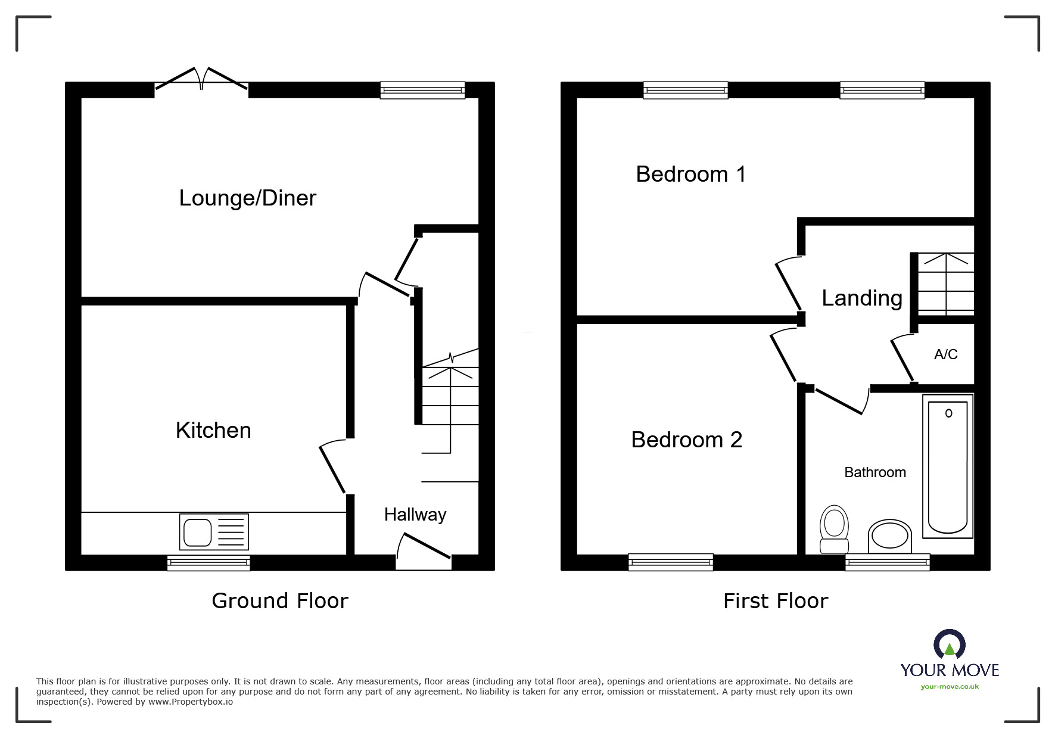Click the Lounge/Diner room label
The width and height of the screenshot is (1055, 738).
pos(247,198)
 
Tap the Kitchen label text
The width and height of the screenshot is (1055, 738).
pos(213,430)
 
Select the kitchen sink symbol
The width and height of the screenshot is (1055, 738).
pos(214,531)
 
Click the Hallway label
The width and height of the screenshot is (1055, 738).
pos(415,515)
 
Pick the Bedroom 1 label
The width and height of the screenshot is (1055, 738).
pos(690,174)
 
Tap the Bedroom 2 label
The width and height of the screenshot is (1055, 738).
pos(686,440)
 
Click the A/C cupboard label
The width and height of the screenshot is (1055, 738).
pos(945,354)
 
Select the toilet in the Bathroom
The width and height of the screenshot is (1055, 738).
pos(833,529)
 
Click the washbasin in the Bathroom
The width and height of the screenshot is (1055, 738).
pos(890,536)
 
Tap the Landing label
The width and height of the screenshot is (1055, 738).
pos(861,298)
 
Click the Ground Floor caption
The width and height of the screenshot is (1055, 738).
pos(279,600)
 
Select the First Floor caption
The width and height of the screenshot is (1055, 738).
pos(775,600)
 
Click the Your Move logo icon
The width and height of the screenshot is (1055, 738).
pos(949,645)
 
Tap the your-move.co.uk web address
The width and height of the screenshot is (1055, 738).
pos(950,687)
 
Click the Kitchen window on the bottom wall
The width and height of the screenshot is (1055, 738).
pos(208,562)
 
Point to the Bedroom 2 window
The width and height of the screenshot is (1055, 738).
pos(670,562)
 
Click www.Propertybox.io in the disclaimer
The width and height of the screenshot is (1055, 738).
pos(191,702)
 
